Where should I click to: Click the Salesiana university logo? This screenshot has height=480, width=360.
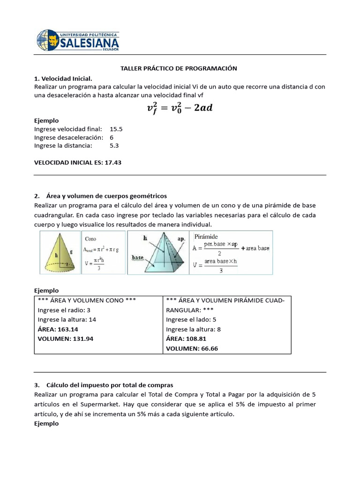(78, 41)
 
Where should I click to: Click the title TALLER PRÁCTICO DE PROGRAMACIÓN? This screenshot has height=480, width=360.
(179, 68)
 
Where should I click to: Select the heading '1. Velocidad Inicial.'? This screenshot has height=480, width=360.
(63, 78)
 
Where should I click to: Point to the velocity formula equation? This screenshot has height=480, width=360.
(180, 108)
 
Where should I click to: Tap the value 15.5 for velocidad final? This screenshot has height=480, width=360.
(116, 128)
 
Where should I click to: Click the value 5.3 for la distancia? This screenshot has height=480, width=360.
(114, 145)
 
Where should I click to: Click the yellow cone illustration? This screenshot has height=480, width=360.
(60, 253)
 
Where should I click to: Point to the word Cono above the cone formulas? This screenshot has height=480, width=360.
(90, 239)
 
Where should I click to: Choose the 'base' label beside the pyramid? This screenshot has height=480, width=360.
(137, 258)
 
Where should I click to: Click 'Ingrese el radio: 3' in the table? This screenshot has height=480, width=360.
(64, 310)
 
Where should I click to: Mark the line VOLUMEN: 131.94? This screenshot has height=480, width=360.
(65, 338)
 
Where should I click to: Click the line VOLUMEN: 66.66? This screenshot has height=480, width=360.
(192, 348)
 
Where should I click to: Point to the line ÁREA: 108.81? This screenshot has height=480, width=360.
(186, 338)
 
